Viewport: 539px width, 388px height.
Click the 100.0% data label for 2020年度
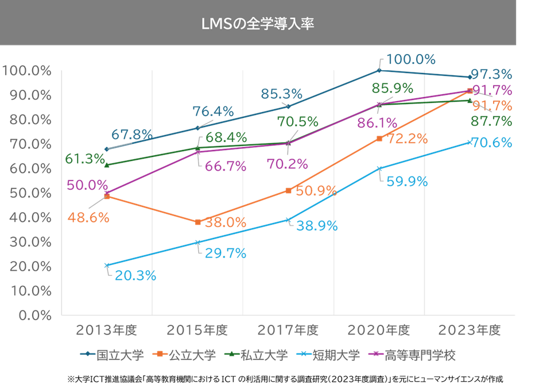click(410, 59)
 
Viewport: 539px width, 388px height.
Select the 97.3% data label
click(491, 74)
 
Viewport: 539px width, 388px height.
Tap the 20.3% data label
click(135, 275)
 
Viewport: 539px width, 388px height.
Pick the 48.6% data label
click(88, 218)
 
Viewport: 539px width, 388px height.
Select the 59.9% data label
click(406, 182)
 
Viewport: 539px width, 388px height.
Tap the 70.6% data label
click(491, 142)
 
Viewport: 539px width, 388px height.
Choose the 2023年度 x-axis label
click(470, 331)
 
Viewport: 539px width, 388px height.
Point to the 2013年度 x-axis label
click(107, 331)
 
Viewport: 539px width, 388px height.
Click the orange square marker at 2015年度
click(197, 222)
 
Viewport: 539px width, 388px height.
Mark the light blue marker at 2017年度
click(288, 220)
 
